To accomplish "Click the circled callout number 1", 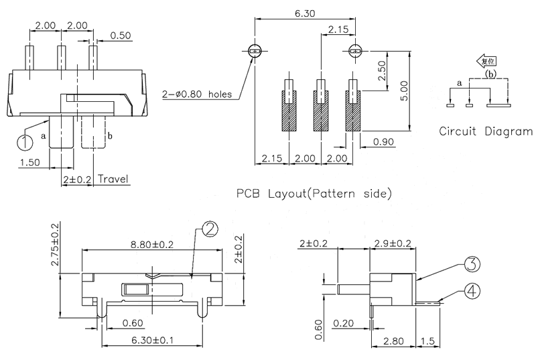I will [25, 141].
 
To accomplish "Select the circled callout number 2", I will [208, 229].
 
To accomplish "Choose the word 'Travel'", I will [113, 179].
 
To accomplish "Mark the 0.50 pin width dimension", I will [121, 35].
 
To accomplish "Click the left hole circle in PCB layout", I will [255, 51].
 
